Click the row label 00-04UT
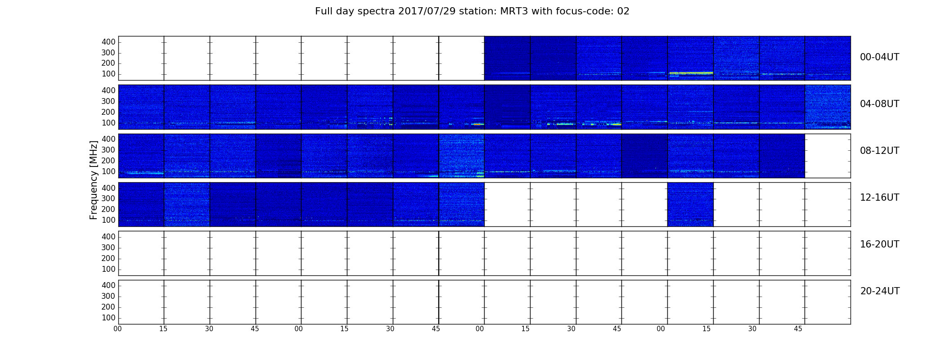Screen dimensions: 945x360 click(879, 57)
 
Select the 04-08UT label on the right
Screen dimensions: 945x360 click(879, 104)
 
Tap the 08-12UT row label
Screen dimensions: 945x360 click(879, 151)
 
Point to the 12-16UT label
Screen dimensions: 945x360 click(879, 198)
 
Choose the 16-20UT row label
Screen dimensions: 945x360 click(879, 244)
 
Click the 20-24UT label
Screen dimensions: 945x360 click(880, 291)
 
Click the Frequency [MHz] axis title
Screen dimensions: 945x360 click(94, 180)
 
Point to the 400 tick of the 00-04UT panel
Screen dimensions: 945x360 click(108, 42)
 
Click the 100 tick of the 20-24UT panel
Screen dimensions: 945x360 click(108, 318)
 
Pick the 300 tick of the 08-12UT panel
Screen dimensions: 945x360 click(108, 150)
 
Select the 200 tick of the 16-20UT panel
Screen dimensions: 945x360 click(108, 258)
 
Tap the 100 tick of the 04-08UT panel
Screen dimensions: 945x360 click(108, 123)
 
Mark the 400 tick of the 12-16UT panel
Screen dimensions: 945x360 click(108, 188)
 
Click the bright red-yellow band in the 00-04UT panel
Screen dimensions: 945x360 click(691, 73)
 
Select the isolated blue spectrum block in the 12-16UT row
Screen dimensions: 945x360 click(690, 204)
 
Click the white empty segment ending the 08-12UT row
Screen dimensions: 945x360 click(828, 156)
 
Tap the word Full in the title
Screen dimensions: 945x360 click(324, 11)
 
